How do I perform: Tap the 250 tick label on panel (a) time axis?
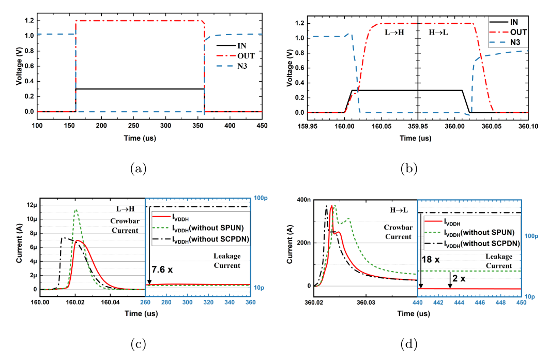[x=134, y=125]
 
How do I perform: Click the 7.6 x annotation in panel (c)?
[x=163, y=268]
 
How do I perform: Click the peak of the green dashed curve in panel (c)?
[x=76, y=210]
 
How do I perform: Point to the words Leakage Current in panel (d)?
[x=498, y=261]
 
